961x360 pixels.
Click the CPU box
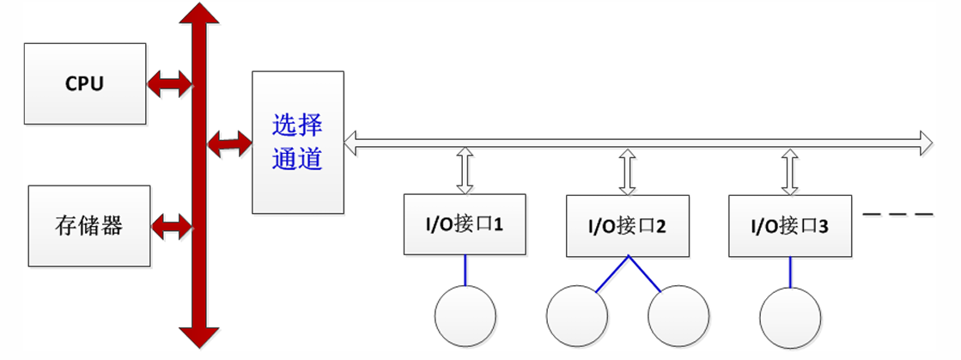tap(85, 84)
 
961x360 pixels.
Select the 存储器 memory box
tap(89, 225)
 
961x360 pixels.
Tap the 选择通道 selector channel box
tap(297, 142)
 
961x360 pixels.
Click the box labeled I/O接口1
tap(465, 225)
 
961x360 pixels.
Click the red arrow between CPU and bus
tap(169, 83)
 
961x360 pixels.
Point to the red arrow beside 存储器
tap(171, 227)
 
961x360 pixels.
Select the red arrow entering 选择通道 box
tap(228, 142)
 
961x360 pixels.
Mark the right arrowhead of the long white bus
tap(923, 142)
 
